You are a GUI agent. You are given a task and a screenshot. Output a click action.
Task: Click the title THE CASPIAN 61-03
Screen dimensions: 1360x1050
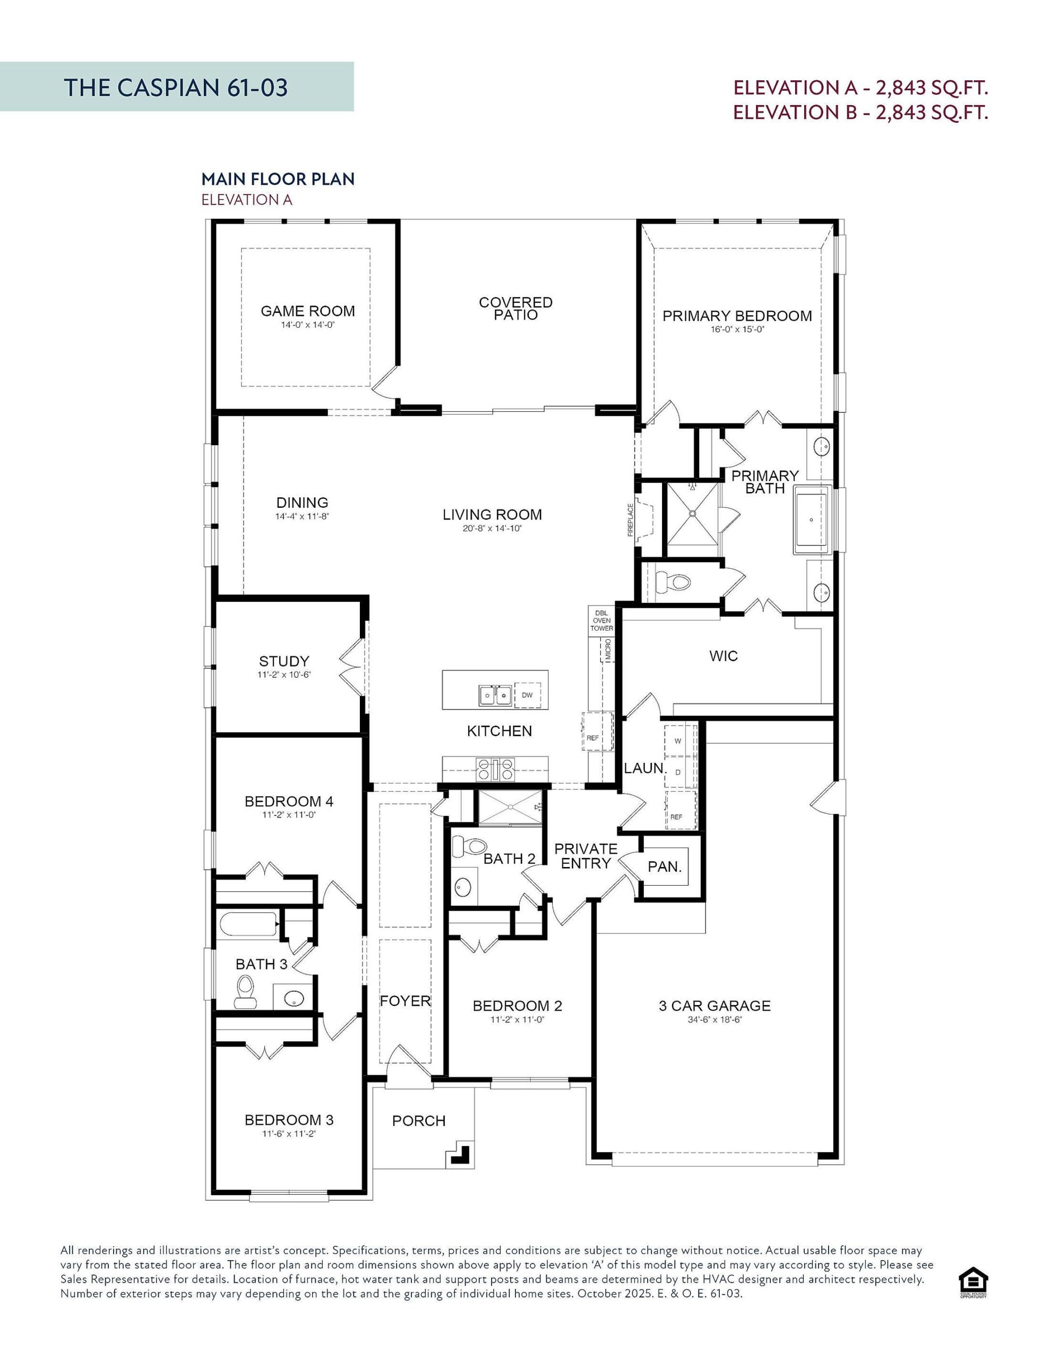(176, 88)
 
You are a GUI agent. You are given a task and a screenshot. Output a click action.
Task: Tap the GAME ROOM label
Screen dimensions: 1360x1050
(307, 311)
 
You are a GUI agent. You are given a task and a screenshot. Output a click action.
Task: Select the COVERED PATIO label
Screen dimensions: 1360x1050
(515, 308)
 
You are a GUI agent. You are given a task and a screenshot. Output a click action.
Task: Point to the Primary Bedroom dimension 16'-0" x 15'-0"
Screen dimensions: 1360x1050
(737, 329)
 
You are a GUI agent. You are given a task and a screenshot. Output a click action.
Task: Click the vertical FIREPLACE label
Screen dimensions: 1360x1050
(630, 520)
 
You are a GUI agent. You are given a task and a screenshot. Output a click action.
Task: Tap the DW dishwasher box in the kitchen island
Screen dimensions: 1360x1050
(527, 695)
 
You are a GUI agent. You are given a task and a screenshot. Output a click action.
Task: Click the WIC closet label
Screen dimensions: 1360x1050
(723, 656)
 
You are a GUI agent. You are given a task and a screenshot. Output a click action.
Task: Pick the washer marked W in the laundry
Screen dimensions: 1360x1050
(678, 741)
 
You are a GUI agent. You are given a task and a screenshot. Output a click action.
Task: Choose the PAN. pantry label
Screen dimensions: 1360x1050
(665, 867)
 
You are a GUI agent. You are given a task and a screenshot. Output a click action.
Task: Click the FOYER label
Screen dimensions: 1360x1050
(405, 1001)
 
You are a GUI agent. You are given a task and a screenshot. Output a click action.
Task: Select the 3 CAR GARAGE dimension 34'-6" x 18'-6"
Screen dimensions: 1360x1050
(715, 1020)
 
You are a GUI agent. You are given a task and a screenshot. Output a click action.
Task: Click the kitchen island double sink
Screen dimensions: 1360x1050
(495, 695)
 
